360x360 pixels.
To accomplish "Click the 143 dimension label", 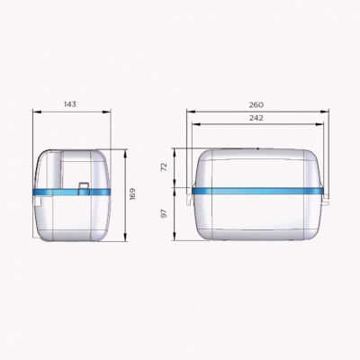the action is point(70,104).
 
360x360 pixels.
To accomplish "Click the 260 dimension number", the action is point(256,104).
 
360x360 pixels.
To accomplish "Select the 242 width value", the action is point(256,118).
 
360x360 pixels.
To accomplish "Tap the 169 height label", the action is point(132,193).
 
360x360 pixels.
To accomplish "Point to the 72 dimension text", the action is point(164,167).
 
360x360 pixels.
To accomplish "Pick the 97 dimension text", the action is point(164,213).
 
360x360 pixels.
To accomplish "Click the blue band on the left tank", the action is point(72,193).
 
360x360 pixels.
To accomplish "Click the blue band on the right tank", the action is point(257,191).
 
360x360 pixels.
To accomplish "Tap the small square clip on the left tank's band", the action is point(84,188).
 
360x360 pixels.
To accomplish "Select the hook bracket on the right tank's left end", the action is point(189,199).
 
